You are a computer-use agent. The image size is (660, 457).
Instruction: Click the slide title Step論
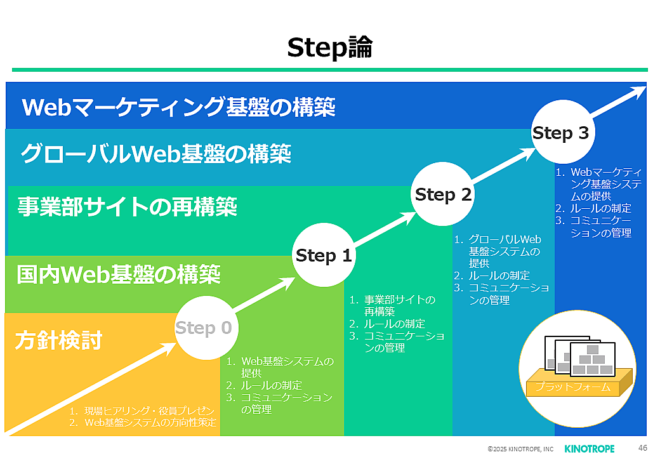point(329,48)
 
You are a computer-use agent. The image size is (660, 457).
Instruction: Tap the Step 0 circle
point(203,328)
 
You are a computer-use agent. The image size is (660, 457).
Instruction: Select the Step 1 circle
point(324,256)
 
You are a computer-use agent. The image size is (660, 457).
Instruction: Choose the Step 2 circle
point(443,195)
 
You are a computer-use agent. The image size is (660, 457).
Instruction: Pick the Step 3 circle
point(560,133)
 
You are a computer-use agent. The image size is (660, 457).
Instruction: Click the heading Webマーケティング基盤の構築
point(178,107)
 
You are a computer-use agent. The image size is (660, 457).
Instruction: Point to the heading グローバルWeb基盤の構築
point(155,154)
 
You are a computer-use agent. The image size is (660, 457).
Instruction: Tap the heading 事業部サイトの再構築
point(128,206)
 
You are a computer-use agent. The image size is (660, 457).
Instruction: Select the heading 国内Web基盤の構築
point(119,275)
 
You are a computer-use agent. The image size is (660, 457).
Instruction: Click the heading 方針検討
point(58,341)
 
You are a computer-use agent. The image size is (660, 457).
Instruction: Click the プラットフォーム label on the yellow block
point(573,387)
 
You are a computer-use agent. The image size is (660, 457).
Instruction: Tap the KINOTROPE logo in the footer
point(589,449)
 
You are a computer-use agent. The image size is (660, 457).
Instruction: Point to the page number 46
point(642,447)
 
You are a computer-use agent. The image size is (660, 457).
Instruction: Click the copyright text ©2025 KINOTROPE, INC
point(520,449)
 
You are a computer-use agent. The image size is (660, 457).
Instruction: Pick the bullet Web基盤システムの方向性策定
point(150,422)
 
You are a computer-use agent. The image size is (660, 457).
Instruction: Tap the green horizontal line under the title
point(329,69)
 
